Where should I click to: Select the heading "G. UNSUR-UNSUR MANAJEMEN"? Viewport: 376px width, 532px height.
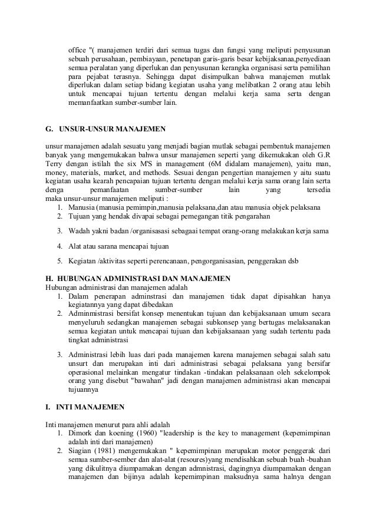coord(105,128)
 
